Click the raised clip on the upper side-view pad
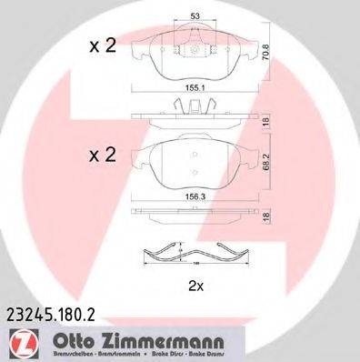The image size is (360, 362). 196,106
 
